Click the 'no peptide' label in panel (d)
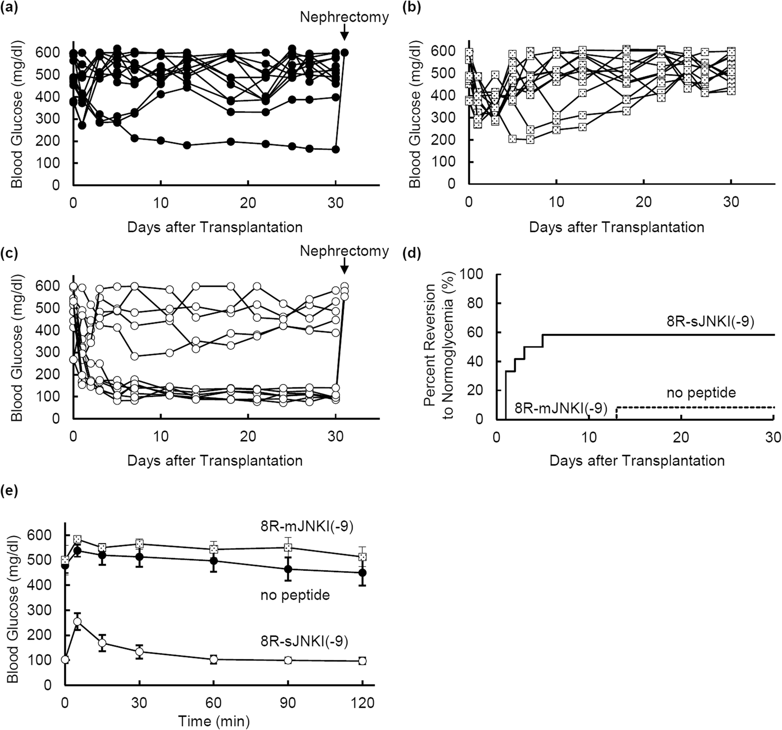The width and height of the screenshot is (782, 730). click(701, 392)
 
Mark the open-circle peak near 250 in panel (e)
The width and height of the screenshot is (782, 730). click(77, 621)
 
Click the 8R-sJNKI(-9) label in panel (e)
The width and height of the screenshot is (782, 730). click(304, 641)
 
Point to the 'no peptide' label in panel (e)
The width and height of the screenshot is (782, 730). click(295, 594)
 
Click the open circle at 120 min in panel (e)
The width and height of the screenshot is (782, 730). click(362, 661)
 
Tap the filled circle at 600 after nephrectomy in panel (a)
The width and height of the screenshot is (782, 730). click(345, 53)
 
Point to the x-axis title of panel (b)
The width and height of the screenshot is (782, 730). click(616, 227)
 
